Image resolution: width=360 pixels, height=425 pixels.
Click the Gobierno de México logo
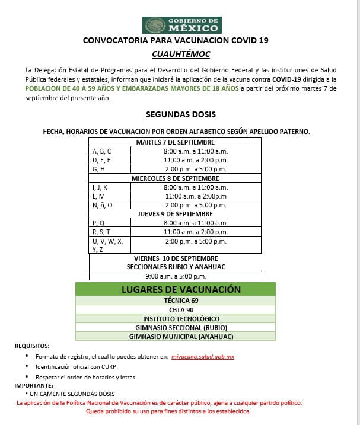[x=181, y=25]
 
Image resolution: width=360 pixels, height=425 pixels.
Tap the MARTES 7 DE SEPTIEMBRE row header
[x=175, y=142]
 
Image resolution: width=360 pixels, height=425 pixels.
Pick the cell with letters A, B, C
[x=110, y=151]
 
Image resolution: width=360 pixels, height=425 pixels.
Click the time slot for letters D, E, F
[x=196, y=160]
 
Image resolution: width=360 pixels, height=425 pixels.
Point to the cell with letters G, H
[x=110, y=169]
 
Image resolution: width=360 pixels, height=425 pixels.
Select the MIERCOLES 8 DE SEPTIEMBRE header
[x=175, y=178]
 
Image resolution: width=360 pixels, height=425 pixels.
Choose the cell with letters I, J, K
[x=110, y=187]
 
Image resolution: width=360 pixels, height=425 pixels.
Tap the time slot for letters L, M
[x=196, y=196]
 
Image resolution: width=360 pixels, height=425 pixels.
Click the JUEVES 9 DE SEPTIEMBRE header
[x=175, y=214]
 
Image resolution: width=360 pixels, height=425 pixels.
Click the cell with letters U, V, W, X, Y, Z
[x=110, y=245]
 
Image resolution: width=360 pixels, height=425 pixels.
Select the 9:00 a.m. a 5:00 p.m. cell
[x=175, y=276]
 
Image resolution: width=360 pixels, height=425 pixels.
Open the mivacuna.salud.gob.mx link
[x=202, y=357]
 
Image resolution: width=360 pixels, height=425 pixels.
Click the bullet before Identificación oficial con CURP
[x=27, y=367]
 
